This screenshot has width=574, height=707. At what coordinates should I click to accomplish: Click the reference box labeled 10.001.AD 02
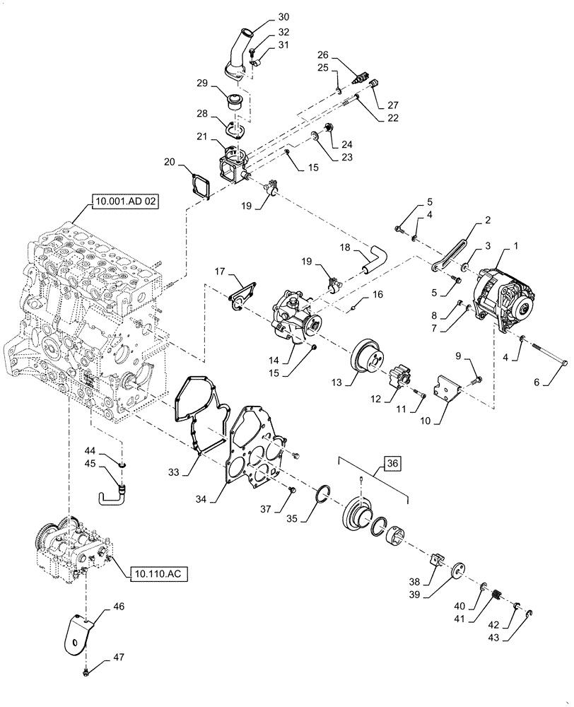[x=124, y=202]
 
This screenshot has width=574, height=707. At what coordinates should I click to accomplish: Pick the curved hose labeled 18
[x=373, y=257]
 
